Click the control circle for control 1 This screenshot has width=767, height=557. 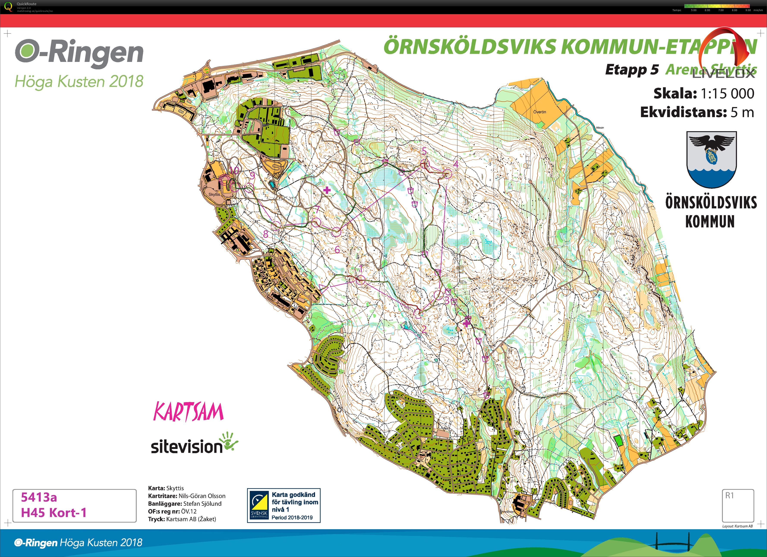tap(361, 280)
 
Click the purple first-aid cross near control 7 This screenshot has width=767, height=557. tap(327, 190)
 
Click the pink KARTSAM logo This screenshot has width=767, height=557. tap(188, 412)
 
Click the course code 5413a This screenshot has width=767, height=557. tap(39, 497)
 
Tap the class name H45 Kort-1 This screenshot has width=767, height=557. tap(54, 513)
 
